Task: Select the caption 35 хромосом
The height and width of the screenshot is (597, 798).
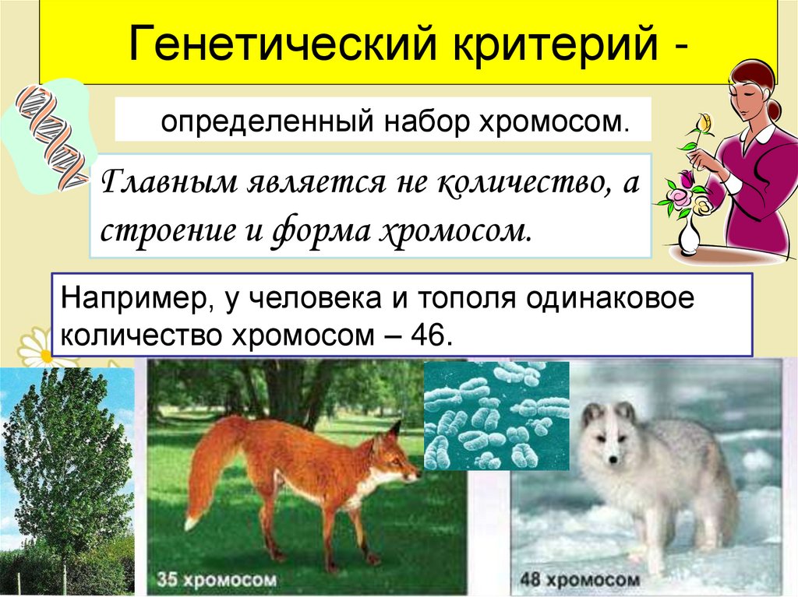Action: (x=216, y=579)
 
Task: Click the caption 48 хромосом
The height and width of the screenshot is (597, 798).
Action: (x=581, y=579)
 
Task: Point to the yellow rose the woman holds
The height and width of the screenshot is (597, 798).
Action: (x=704, y=123)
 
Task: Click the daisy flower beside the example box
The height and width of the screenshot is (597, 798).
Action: (x=35, y=350)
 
